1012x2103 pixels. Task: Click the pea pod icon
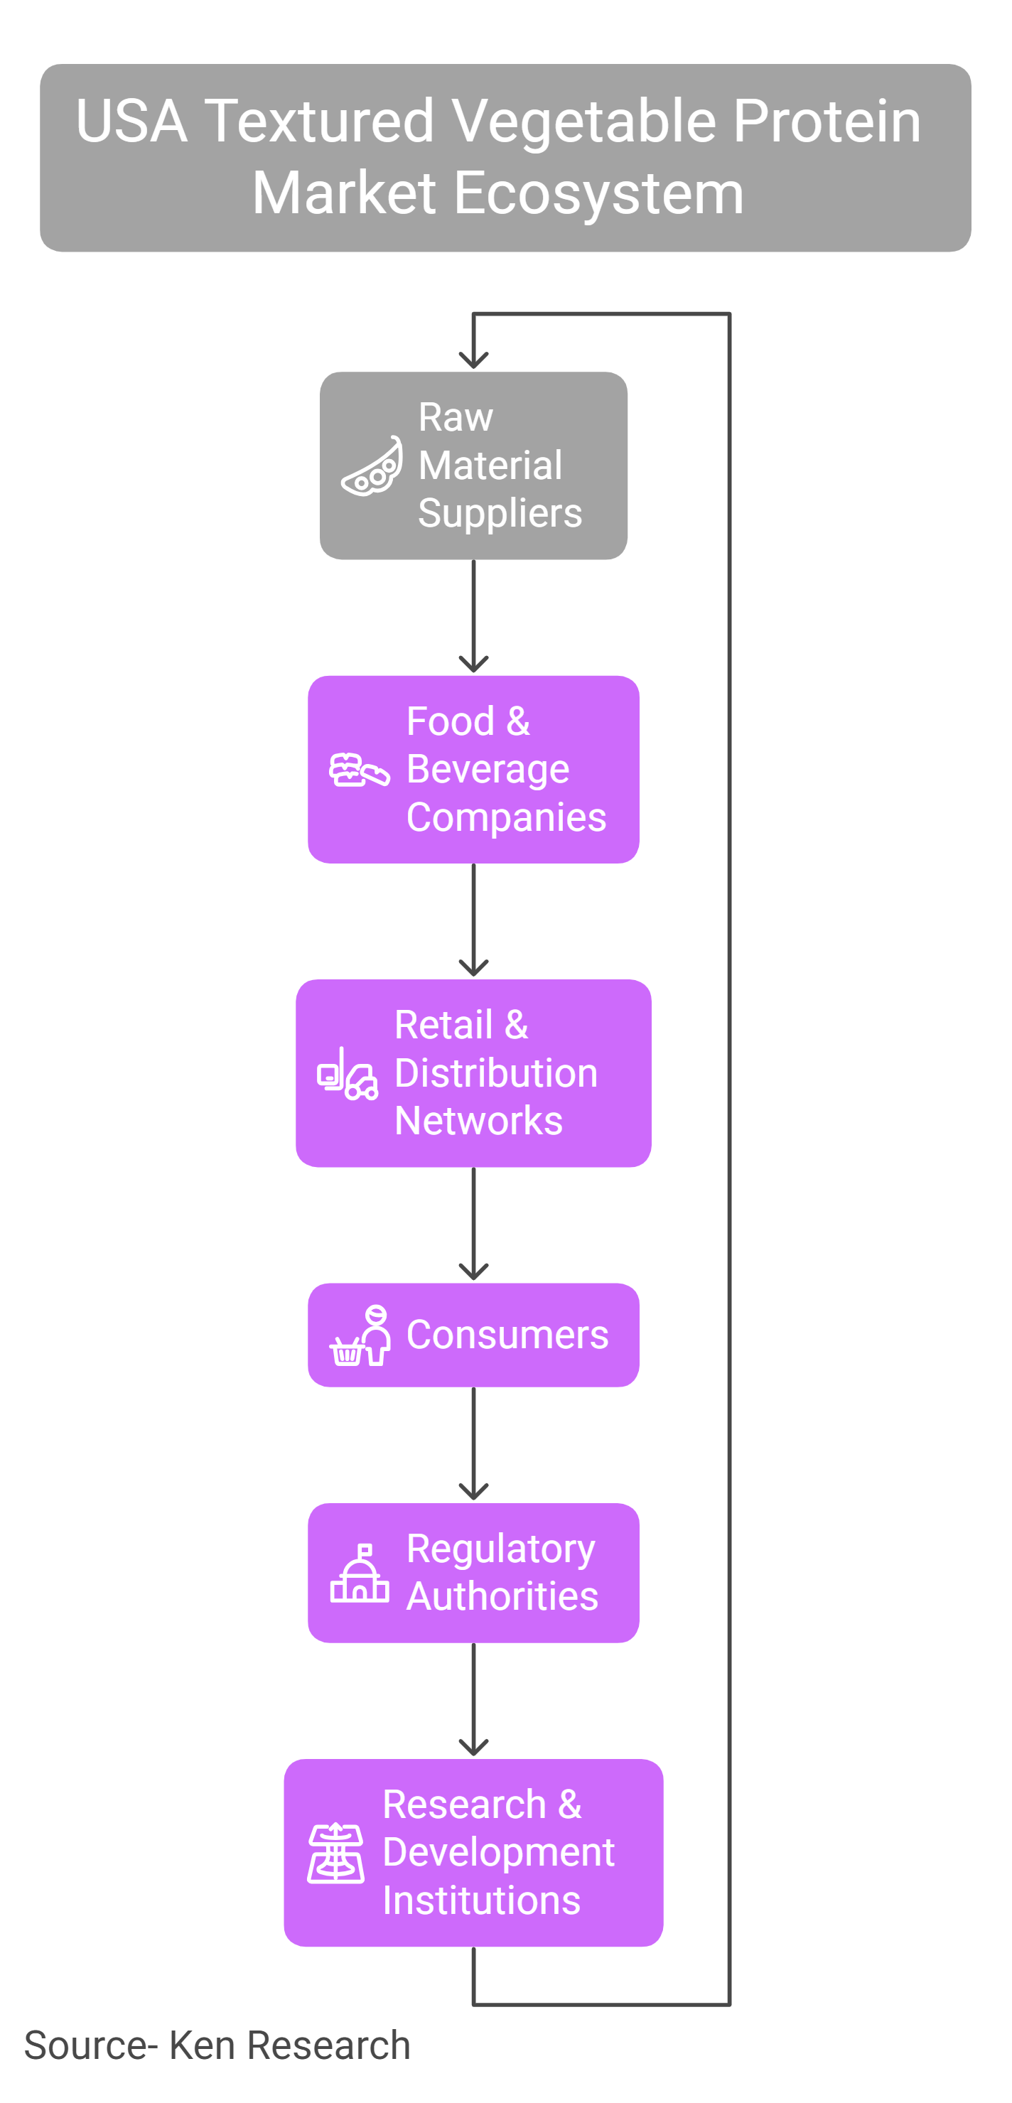point(372,466)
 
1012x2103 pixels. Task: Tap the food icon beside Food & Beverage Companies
point(359,770)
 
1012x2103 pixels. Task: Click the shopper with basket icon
point(360,1335)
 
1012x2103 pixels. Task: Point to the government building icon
point(360,1574)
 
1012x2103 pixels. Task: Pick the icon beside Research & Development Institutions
point(336,1852)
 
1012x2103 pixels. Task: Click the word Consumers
point(507,1335)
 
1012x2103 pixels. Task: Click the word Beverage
point(488,770)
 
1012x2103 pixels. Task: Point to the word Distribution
point(496,1072)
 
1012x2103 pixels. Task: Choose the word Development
point(499,1852)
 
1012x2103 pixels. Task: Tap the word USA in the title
point(131,121)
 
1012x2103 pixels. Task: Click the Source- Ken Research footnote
point(217,2045)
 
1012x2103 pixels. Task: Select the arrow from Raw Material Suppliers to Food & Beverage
point(473,616)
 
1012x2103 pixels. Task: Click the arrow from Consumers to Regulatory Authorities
point(473,1443)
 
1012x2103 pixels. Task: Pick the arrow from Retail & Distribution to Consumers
point(473,1224)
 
